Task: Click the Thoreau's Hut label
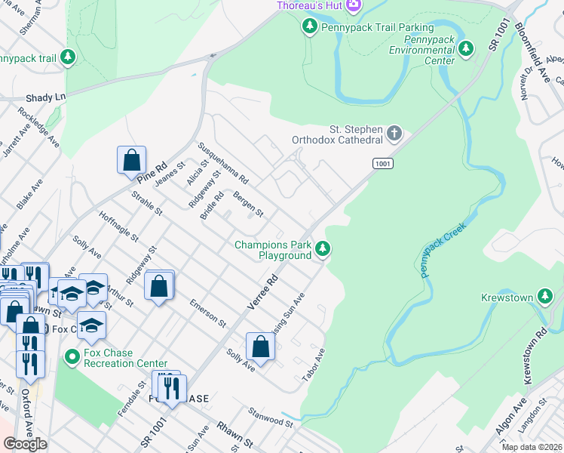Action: [x=309, y=6]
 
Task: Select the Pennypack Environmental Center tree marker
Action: [x=466, y=49]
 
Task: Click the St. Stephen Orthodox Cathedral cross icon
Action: [x=394, y=134]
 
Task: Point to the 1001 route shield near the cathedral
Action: [x=382, y=162]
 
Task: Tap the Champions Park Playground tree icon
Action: [x=323, y=248]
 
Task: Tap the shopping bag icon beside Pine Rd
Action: [x=131, y=160]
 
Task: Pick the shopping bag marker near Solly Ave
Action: [x=260, y=347]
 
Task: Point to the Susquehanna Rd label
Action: [x=222, y=164]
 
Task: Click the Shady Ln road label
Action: [x=46, y=97]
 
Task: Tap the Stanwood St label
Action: [x=271, y=417]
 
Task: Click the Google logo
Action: [x=25, y=444]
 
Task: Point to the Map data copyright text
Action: [x=532, y=447]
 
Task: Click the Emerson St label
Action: [x=208, y=312]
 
